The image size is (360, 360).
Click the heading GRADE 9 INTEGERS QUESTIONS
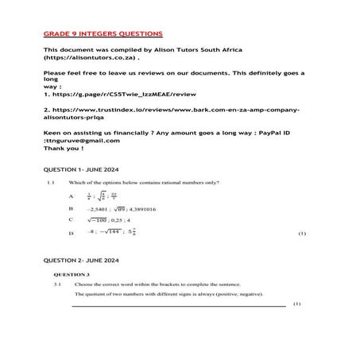[x=103, y=34]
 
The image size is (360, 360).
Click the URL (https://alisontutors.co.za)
[x=91, y=58]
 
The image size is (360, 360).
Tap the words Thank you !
[x=63, y=148]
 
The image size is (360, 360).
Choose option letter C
[x=71, y=219]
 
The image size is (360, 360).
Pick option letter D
[x=71, y=234]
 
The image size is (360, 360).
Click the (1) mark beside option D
[x=301, y=234]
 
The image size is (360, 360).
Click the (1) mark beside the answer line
[x=296, y=304]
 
